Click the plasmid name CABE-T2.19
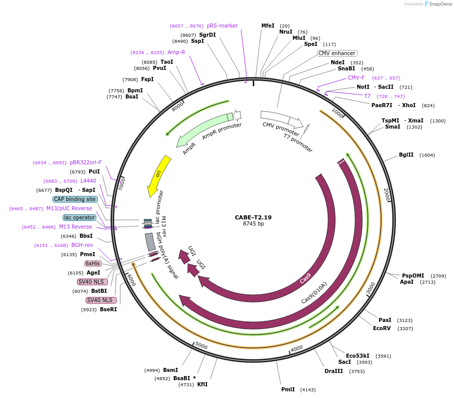pos(253,217)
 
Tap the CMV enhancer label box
pos(337,53)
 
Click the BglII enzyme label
pos(406,155)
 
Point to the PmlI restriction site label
pos(288,389)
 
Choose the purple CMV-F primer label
pos(356,78)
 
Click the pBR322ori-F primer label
pos(86,162)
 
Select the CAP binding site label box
pos(75,199)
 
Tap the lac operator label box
pos(79,217)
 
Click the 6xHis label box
pos(93,263)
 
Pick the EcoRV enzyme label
pos(382,328)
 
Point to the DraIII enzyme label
pos(333,371)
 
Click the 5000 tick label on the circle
pos(201,346)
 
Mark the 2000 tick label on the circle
pos(386,193)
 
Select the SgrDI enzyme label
pos(207,35)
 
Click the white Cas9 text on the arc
pos(305,279)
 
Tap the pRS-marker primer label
pos(222,26)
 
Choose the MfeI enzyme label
pos(268,26)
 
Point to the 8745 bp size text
pos(253,223)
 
